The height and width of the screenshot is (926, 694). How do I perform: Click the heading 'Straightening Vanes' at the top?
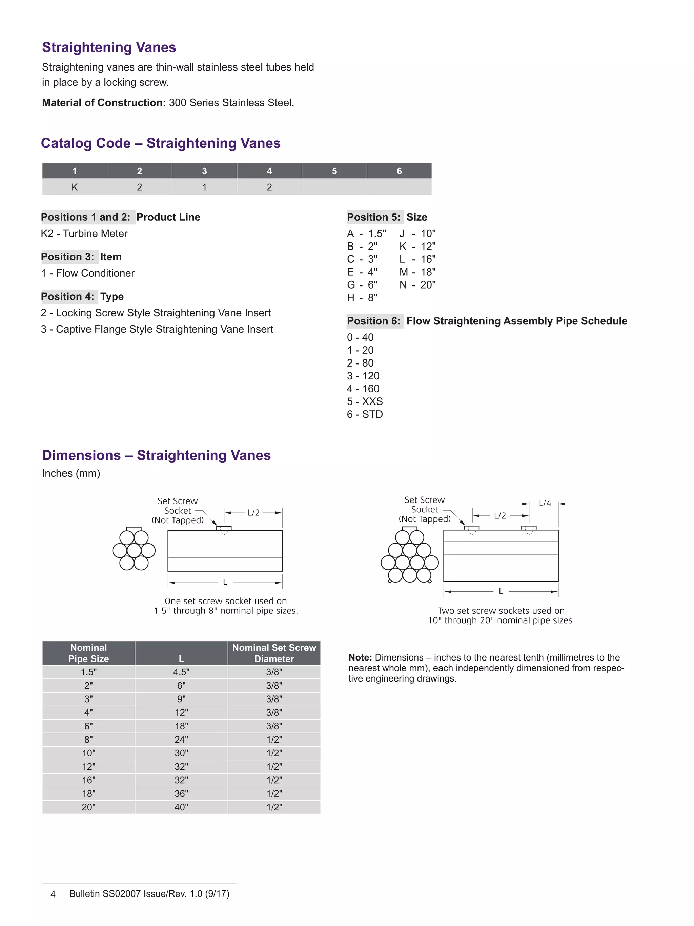109,47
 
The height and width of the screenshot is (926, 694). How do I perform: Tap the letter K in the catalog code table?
75,187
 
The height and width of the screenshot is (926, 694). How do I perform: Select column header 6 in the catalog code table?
399,171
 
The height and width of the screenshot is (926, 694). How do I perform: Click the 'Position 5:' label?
373,217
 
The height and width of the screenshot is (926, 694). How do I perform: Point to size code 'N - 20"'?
417,285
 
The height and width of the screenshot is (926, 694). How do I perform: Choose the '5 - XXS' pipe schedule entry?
364,401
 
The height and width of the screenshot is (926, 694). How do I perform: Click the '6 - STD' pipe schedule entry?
364,414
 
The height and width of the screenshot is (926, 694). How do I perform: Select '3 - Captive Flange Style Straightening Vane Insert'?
157,330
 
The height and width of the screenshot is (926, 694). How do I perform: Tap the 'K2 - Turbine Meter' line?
84,234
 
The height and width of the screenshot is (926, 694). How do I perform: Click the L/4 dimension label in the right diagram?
545,503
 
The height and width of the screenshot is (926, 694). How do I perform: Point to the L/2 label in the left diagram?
253,513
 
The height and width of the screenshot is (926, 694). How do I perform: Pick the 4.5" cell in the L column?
181,672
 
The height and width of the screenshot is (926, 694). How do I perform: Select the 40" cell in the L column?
181,807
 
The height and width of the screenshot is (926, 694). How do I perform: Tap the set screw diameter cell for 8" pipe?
274,740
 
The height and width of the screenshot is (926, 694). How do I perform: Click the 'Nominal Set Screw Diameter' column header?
274,653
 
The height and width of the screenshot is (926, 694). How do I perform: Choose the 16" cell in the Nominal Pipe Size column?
88,780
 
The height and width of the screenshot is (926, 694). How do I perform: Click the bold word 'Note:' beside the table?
360,658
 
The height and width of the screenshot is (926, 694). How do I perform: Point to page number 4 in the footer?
53,894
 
